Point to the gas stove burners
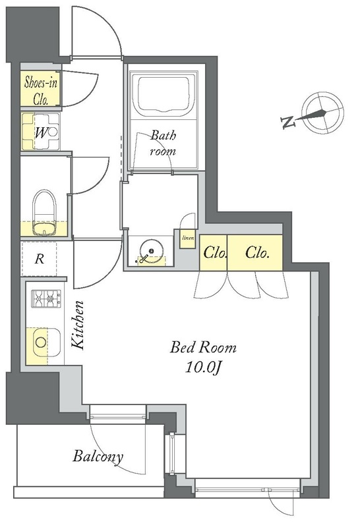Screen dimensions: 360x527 (x=46, y=298)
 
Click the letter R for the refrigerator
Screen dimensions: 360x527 (x=40, y=259)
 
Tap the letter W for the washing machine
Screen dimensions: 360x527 (x=40, y=134)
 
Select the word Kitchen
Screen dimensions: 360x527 (x=78, y=325)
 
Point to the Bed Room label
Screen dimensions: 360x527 (x=203, y=347)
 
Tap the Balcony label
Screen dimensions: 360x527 (x=98, y=457)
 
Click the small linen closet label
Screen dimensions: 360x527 (x=188, y=238)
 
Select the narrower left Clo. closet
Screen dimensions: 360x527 (x=214, y=253)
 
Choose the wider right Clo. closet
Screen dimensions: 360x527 (x=255, y=253)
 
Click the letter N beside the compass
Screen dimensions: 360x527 (x=288, y=123)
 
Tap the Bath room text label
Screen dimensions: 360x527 (x=163, y=144)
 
